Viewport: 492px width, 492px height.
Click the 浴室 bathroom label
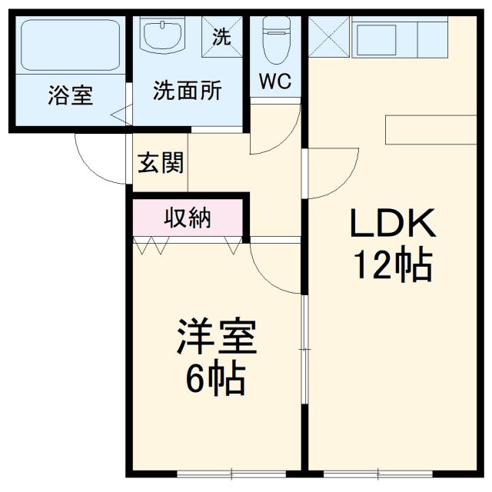pyautogui.click(x=70, y=96)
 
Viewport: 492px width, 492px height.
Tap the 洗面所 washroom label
pyautogui.click(x=187, y=91)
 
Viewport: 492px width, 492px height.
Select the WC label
pyautogui.click(x=274, y=81)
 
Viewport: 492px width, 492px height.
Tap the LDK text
pyautogui.click(x=393, y=224)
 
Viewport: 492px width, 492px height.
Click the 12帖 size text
pyautogui.click(x=391, y=266)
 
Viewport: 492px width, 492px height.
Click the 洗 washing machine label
pyautogui.click(x=221, y=37)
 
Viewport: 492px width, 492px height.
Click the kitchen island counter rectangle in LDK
pyautogui.click(x=431, y=129)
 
